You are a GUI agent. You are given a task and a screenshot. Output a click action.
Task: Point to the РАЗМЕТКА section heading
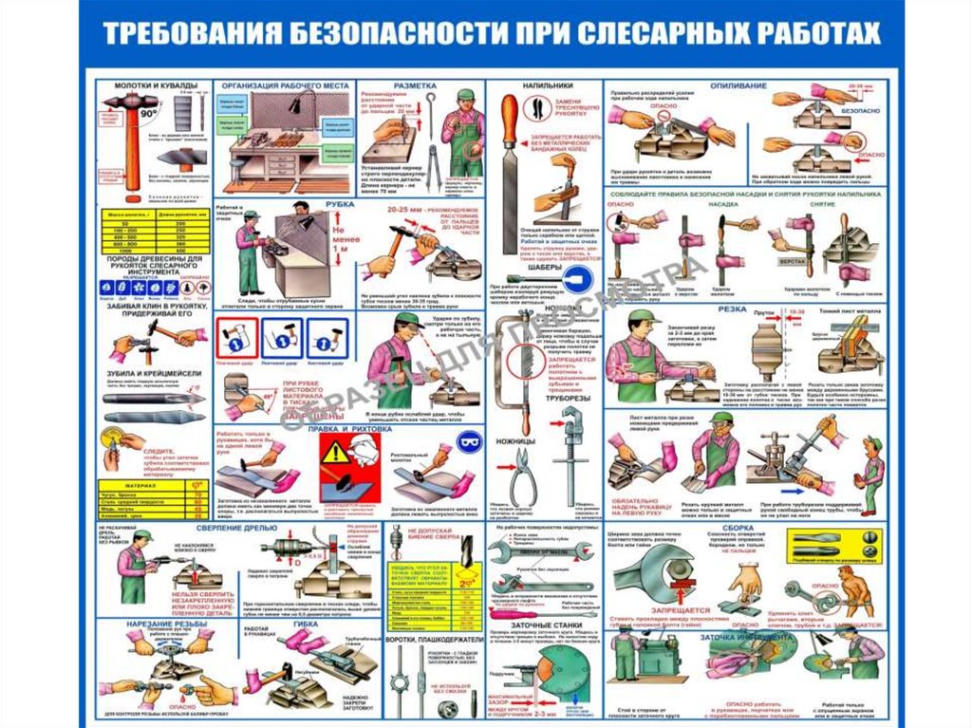tap(414, 86)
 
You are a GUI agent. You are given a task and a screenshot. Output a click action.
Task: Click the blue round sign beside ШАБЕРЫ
tap(581, 275)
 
